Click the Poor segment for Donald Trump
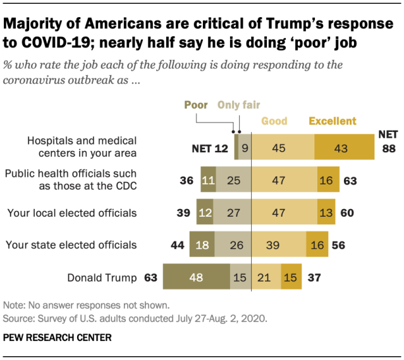pyautogui.click(x=196, y=277)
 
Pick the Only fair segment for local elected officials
pyautogui.click(x=234, y=212)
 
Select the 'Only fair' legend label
pyautogui.click(x=239, y=105)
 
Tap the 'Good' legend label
pyautogui.click(x=274, y=121)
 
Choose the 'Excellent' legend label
pyautogui.click(x=333, y=121)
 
